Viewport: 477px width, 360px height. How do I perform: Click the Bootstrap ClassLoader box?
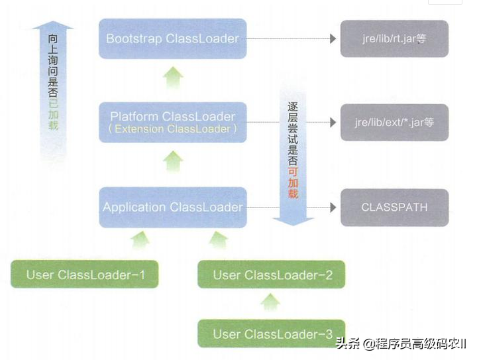point(172,38)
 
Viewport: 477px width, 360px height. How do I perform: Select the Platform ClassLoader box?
point(172,121)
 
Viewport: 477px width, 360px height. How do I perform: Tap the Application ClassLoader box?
point(172,208)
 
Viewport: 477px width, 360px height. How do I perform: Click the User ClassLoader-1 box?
point(84,274)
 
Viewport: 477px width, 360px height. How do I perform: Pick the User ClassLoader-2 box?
point(272,274)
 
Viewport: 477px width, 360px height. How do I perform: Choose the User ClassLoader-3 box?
point(272,333)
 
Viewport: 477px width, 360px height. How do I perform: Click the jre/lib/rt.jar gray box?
point(394,38)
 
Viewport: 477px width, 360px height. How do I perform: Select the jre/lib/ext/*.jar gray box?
point(394,122)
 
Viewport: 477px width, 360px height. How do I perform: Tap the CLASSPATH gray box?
point(394,208)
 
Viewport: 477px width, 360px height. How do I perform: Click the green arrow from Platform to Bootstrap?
point(173,78)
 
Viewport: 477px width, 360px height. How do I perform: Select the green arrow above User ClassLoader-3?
point(271,302)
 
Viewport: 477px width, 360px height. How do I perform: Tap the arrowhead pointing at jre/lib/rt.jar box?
point(333,38)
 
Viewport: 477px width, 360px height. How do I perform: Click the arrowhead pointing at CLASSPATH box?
point(333,208)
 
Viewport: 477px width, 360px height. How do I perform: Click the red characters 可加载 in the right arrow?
point(293,181)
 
